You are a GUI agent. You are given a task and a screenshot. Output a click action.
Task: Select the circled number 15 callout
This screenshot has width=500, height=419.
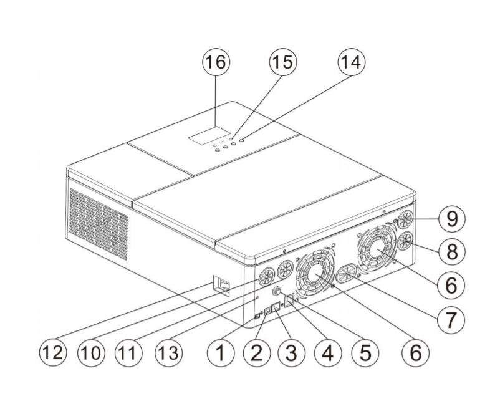[282, 65]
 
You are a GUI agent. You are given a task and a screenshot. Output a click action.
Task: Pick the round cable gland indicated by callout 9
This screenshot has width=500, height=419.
[405, 220]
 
